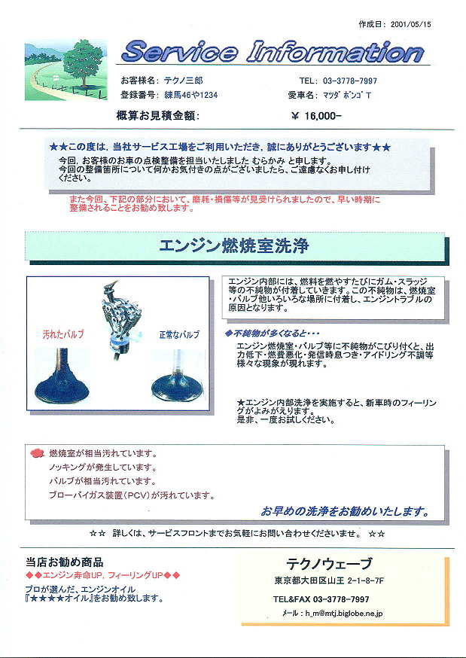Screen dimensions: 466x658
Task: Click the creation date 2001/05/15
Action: click(410, 24)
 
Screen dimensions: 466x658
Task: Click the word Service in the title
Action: click(179, 53)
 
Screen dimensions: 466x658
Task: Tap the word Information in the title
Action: click(335, 53)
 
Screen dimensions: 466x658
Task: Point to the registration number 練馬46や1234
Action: click(191, 95)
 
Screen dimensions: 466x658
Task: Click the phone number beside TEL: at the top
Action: click(350, 81)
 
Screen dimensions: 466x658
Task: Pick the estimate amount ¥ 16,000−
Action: click(316, 116)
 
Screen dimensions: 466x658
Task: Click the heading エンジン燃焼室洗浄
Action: click(233, 246)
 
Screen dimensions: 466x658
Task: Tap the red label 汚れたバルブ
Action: click(63, 334)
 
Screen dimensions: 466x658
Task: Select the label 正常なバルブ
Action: click(179, 335)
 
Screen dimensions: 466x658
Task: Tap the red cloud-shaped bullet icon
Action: click(38, 452)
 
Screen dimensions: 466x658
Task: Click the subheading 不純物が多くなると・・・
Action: click(273, 334)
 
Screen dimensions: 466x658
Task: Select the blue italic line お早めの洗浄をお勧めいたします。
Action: click(346, 511)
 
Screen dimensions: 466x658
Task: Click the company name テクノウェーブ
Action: click(329, 563)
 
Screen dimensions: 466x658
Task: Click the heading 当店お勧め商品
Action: click(65, 562)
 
